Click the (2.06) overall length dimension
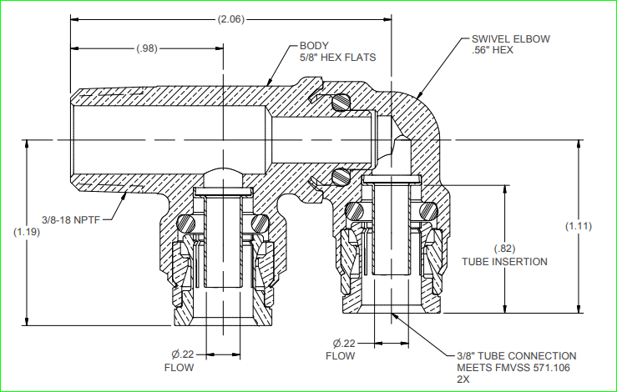pos(230,18)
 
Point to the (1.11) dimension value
pos(579,226)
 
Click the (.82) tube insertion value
pos(504,249)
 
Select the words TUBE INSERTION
pos(504,262)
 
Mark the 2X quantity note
pos(463,379)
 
